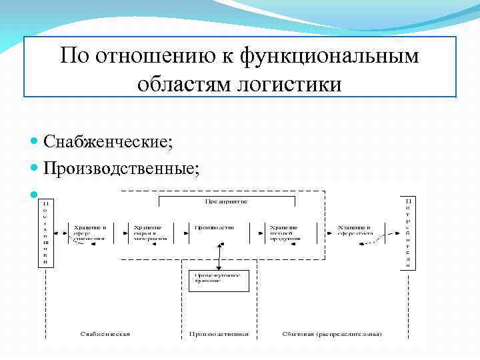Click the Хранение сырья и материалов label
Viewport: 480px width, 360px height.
[149, 232]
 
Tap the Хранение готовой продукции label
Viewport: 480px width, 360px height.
[284, 232]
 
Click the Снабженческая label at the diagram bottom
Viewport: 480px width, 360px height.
[105, 333]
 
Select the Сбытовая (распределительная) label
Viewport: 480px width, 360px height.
[332, 333]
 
